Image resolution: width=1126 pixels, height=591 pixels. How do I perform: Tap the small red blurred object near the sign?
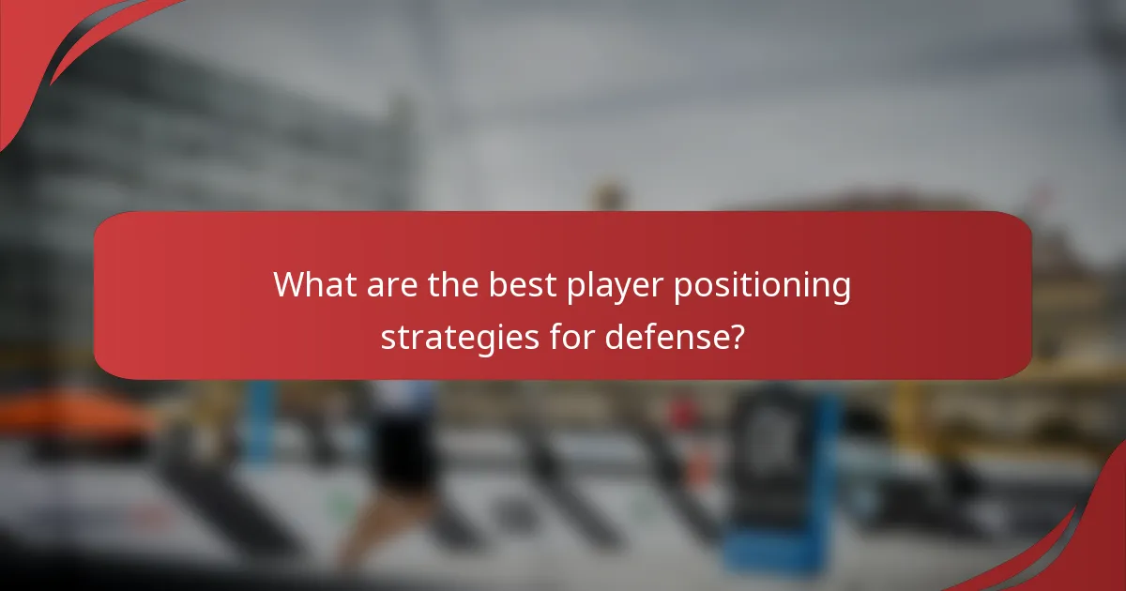point(683,414)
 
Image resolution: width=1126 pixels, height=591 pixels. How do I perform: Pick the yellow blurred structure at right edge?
point(1098,394)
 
